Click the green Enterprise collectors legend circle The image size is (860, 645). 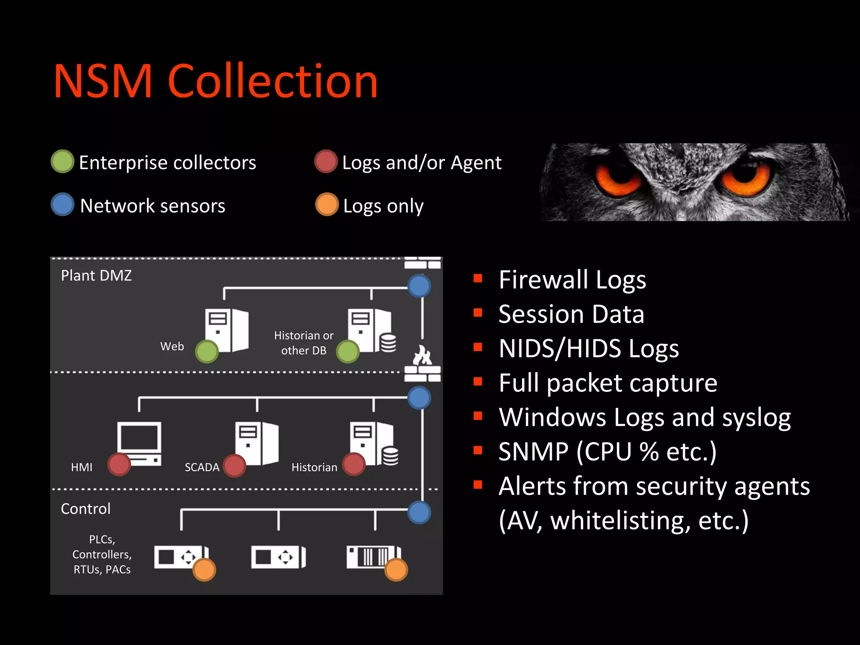tap(63, 161)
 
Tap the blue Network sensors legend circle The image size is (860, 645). tap(63, 205)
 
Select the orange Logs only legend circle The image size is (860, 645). tap(327, 205)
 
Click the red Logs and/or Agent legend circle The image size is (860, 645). tap(326, 161)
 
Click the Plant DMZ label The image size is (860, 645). tap(96, 275)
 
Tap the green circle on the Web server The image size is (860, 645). tap(207, 352)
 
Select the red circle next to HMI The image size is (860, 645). tap(119, 464)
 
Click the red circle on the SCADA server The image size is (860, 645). tap(234, 466)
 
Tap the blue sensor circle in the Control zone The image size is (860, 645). tap(419, 512)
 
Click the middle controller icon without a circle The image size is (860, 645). tap(278, 557)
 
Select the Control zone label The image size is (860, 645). tap(86, 509)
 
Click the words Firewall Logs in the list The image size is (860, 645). tap(572, 280)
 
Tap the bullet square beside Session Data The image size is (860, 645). tap(477, 312)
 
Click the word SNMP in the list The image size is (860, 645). tap(533, 452)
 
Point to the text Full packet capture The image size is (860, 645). tap(608, 383)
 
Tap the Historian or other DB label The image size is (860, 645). tap(304, 343)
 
